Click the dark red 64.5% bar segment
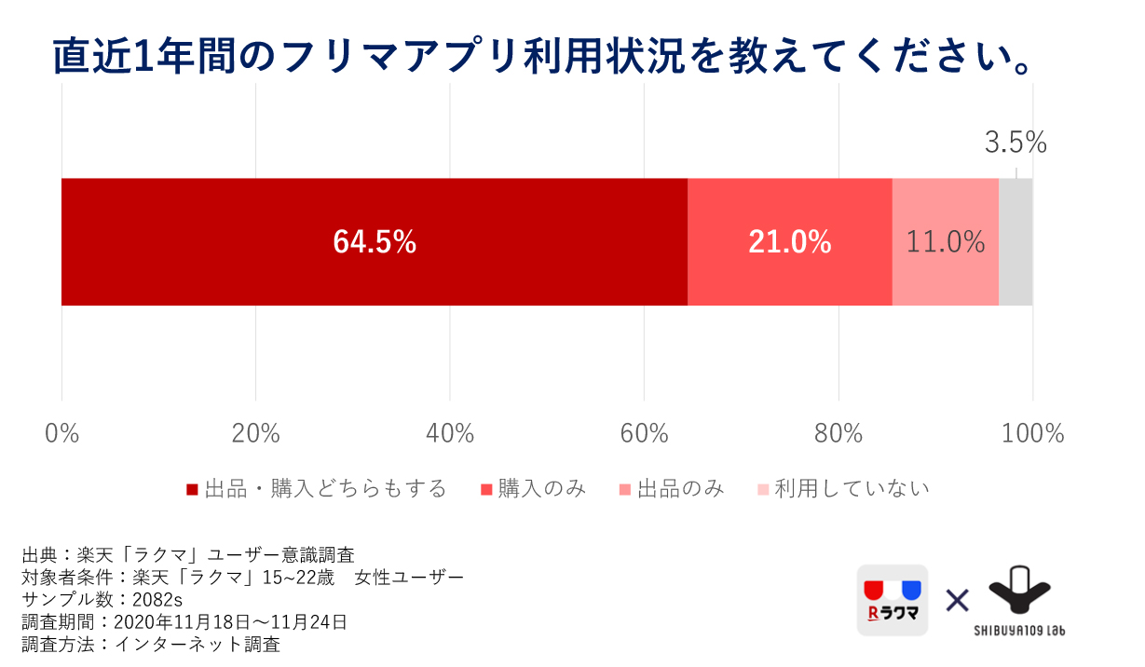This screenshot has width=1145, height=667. click(x=374, y=242)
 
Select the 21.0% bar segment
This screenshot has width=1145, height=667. click(x=789, y=242)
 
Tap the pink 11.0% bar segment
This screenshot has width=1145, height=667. click(x=945, y=242)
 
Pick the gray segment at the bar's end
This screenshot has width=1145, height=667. click(x=1016, y=242)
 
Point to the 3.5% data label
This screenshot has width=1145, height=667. click(x=1016, y=143)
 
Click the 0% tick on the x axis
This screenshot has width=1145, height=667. click(x=61, y=433)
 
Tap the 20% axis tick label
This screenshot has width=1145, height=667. click(x=256, y=433)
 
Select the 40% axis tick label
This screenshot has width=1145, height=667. click(x=450, y=433)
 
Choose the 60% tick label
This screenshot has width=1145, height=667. click(x=645, y=433)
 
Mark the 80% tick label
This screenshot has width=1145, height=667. click(x=838, y=433)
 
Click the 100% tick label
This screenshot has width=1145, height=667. click(x=1032, y=433)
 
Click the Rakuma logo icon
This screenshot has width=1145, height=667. click(x=893, y=601)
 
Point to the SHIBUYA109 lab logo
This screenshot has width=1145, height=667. click(x=1019, y=601)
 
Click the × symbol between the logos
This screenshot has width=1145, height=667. click(x=957, y=600)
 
